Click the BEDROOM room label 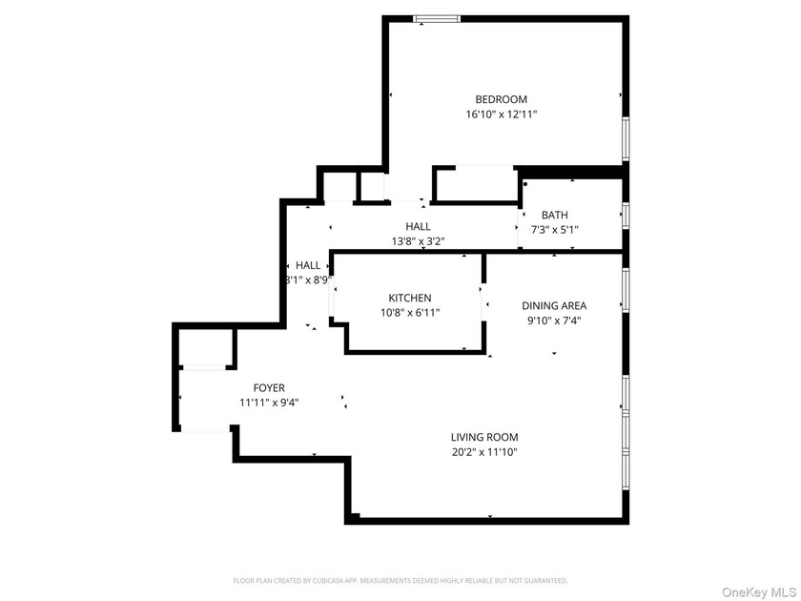pyautogui.click(x=502, y=99)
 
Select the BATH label pyautogui.click(x=554, y=215)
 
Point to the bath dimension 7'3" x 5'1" pyautogui.click(x=554, y=230)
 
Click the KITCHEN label pyautogui.click(x=409, y=298)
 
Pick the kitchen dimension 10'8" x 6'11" pyautogui.click(x=409, y=312)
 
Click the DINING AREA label pyautogui.click(x=554, y=306)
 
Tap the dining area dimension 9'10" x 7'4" pyautogui.click(x=554, y=321)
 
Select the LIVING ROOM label pyautogui.click(x=484, y=438)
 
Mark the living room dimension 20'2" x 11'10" pyautogui.click(x=484, y=452)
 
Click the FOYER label pyautogui.click(x=269, y=387)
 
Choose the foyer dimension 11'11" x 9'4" pyautogui.click(x=269, y=403)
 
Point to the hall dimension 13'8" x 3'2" pyautogui.click(x=418, y=241)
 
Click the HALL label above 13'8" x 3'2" pyautogui.click(x=418, y=226)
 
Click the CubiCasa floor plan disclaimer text pyautogui.click(x=400, y=580)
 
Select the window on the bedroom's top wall pyautogui.click(x=438, y=18)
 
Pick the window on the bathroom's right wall pyautogui.click(x=626, y=215)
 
